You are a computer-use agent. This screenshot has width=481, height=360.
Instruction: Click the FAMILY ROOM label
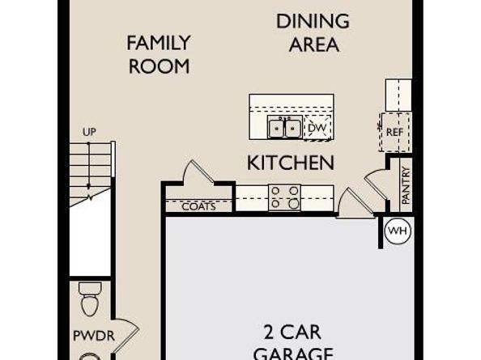point(159,54)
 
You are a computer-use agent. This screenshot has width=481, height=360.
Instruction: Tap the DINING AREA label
point(313,33)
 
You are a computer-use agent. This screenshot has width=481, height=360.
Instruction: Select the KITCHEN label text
point(291,163)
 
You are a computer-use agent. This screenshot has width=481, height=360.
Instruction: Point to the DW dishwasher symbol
point(317,128)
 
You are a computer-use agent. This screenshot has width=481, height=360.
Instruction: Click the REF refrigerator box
point(395,132)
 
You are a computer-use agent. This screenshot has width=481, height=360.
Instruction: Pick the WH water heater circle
point(398,231)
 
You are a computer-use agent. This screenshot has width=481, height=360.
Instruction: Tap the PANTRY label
point(406,186)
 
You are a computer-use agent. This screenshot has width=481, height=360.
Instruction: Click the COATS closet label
point(198,206)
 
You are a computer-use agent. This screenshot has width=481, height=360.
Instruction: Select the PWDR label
point(94,336)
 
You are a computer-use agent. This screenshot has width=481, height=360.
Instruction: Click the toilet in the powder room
point(91,299)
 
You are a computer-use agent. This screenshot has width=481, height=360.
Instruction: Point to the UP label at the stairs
point(89,132)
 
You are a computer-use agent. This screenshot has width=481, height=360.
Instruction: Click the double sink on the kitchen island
point(284,127)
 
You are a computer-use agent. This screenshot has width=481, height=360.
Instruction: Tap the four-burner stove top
point(285,197)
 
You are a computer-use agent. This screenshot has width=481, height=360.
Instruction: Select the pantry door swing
point(376,184)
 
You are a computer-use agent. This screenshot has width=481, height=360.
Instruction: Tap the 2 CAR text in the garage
point(292,332)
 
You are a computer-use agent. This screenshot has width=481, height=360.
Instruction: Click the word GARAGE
point(294,354)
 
